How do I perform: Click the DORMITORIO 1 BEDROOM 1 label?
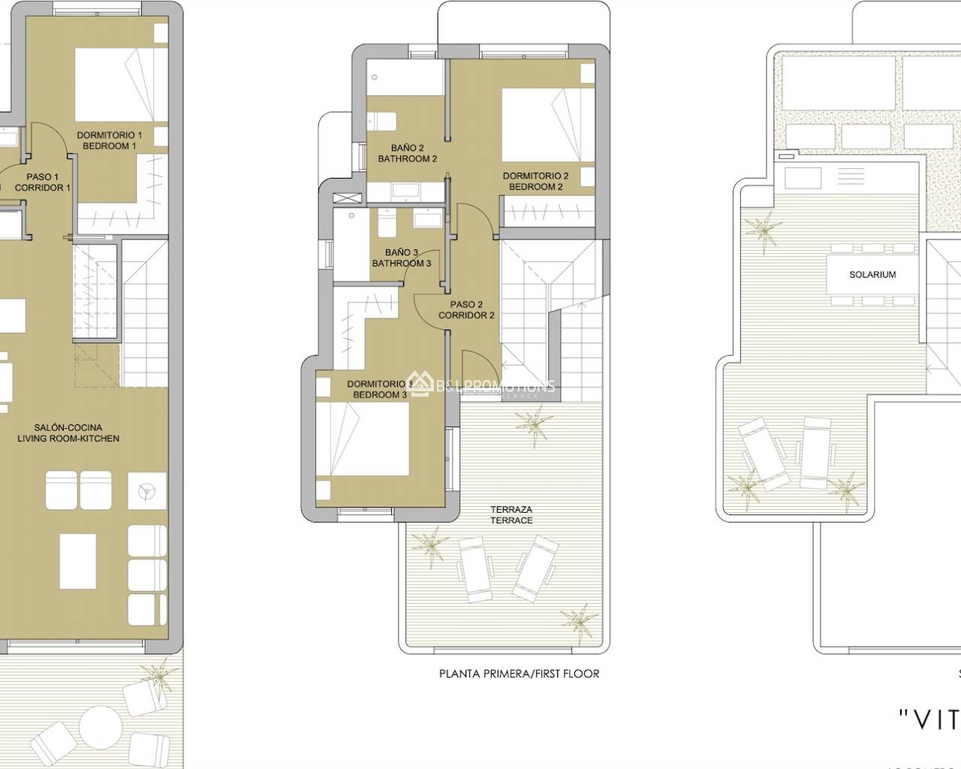(109, 140)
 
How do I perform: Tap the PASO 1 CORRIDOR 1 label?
(43, 182)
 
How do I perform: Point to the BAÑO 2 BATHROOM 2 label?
(407, 153)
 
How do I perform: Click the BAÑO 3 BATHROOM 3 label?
(402, 258)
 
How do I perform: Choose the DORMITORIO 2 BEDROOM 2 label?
(535, 181)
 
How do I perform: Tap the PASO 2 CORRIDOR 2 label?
(466, 310)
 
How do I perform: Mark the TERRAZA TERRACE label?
(511, 514)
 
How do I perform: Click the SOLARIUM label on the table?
(872, 275)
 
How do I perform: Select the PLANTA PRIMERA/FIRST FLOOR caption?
(519, 674)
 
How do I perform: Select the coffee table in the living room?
(77, 561)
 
